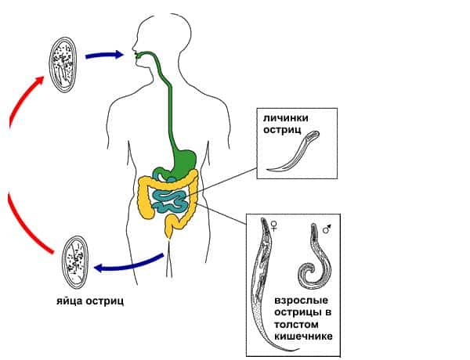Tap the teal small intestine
(x=168, y=199)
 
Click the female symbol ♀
(x=273, y=227)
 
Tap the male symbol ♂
(x=326, y=229)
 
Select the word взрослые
(x=301, y=301)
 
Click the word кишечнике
(x=304, y=336)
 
